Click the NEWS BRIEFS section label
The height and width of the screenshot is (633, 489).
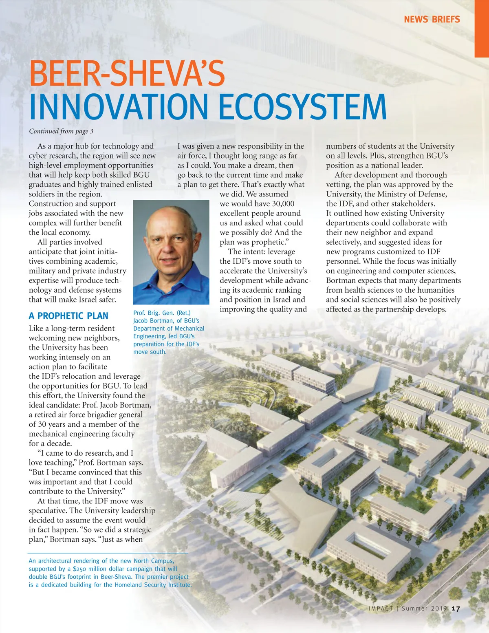[432, 19]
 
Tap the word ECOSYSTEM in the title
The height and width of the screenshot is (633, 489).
[302, 107]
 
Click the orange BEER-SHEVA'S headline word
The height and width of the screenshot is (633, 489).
[127, 73]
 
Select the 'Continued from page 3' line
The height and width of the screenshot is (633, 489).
[61, 131]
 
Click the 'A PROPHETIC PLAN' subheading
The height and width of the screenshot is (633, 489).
[68, 316]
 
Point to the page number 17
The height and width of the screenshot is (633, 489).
[456, 609]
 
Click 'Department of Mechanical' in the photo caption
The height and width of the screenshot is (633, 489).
[169, 329]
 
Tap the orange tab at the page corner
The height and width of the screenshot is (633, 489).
[482, 29]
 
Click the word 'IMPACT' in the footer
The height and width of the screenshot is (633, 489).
[381, 609]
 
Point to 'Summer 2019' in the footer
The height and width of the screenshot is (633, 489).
[424, 609]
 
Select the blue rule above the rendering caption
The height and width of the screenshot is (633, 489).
[108, 553]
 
